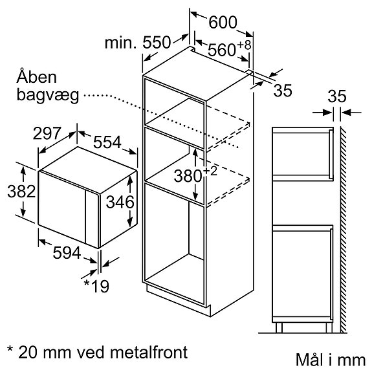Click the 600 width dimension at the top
(223, 22)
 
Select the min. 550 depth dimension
(138, 43)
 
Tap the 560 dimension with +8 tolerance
(230, 49)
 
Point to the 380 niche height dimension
(188, 176)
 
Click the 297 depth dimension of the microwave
(47, 133)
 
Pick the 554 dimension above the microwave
(107, 142)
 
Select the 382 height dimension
(21, 191)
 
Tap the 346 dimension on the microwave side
(120, 202)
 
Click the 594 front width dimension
(67, 252)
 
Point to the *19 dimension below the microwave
(96, 286)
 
